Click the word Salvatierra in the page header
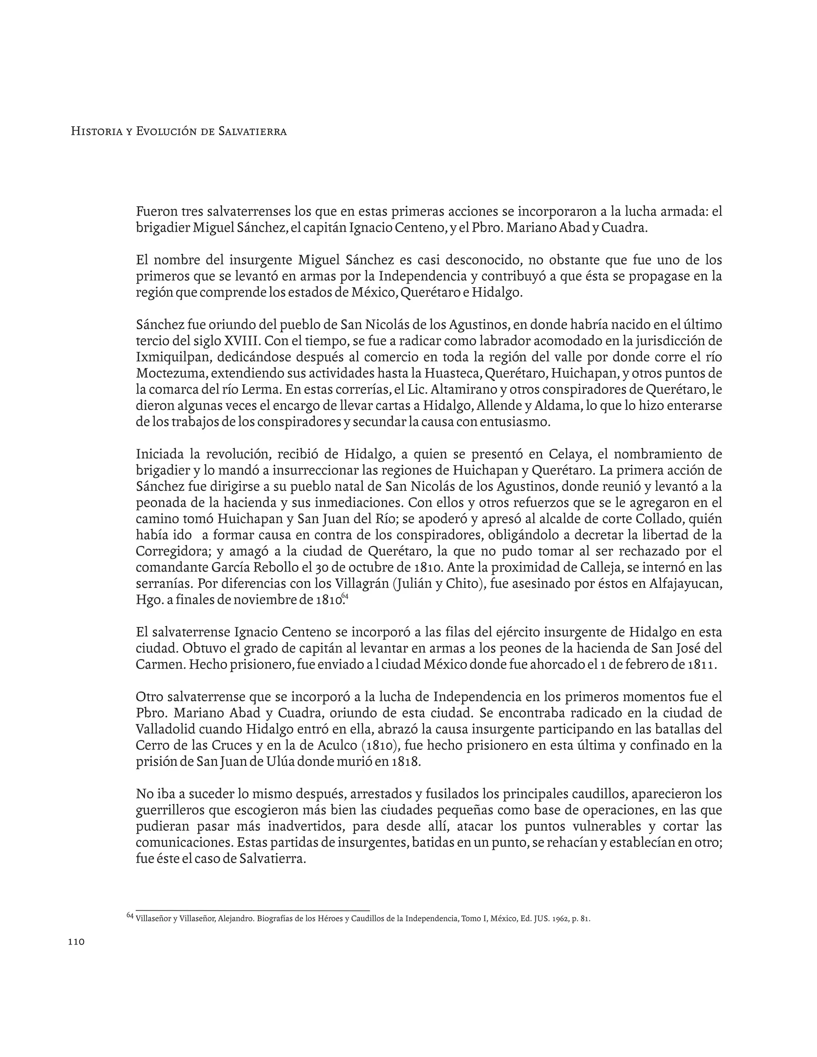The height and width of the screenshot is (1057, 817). [x=252, y=131]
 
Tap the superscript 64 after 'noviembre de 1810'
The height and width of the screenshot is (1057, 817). [x=345, y=596]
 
